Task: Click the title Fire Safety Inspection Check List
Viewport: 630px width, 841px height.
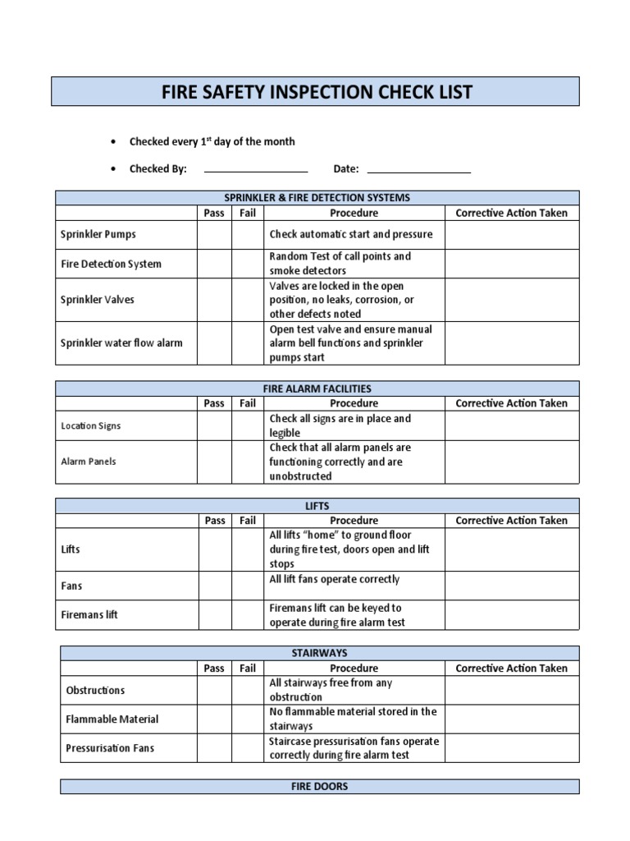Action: click(316, 92)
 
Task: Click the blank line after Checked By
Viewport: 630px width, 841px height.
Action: click(255, 169)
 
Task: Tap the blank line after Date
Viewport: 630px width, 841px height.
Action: click(418, 169)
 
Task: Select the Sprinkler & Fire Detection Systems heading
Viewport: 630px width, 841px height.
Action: click(317, 198)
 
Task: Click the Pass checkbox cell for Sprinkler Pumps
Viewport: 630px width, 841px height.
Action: click(214, 235)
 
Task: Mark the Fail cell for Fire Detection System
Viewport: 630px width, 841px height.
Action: click(248, 264)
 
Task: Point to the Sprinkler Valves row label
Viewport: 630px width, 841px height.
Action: click(98, 300)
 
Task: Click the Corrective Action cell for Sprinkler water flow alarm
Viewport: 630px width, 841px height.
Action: click(512, 343)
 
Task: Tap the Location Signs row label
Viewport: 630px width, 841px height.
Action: click(90, 426)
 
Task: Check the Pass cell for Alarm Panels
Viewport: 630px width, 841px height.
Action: click(214, 462)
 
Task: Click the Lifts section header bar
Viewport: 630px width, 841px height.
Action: click(317, 506)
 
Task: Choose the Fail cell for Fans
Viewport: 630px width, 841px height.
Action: click(248, 586)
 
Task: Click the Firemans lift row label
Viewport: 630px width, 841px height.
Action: click(89, 615)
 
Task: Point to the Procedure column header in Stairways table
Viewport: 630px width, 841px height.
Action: click(354, 669)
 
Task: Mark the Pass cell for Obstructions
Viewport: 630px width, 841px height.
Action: click(214, 691)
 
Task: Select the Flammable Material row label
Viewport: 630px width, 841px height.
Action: click(112, 719)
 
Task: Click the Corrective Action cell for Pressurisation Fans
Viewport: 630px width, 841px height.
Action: click(512, 748)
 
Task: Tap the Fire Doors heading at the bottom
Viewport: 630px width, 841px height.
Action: click(320, 787)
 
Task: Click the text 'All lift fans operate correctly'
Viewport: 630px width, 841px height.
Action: click(335, 580)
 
